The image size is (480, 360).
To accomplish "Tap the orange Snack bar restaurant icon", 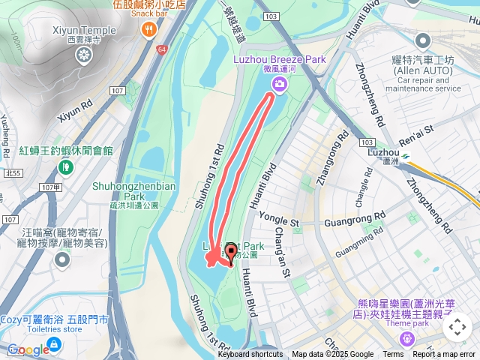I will click(149, 29).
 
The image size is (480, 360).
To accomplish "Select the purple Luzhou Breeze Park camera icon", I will click(279, 84).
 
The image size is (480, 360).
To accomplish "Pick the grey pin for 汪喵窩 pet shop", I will click(61, 260).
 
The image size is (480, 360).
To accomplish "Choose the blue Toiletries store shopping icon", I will click(55, 344).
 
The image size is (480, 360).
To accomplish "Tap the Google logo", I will click(28, 349).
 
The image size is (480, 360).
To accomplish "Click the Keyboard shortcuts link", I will click(250, 355).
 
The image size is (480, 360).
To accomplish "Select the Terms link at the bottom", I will click(393, 355).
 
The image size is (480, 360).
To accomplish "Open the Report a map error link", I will click(445, 355).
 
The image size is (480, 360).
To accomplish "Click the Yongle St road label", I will click(279, 223).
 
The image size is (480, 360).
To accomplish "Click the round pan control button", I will click(457, 327).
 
